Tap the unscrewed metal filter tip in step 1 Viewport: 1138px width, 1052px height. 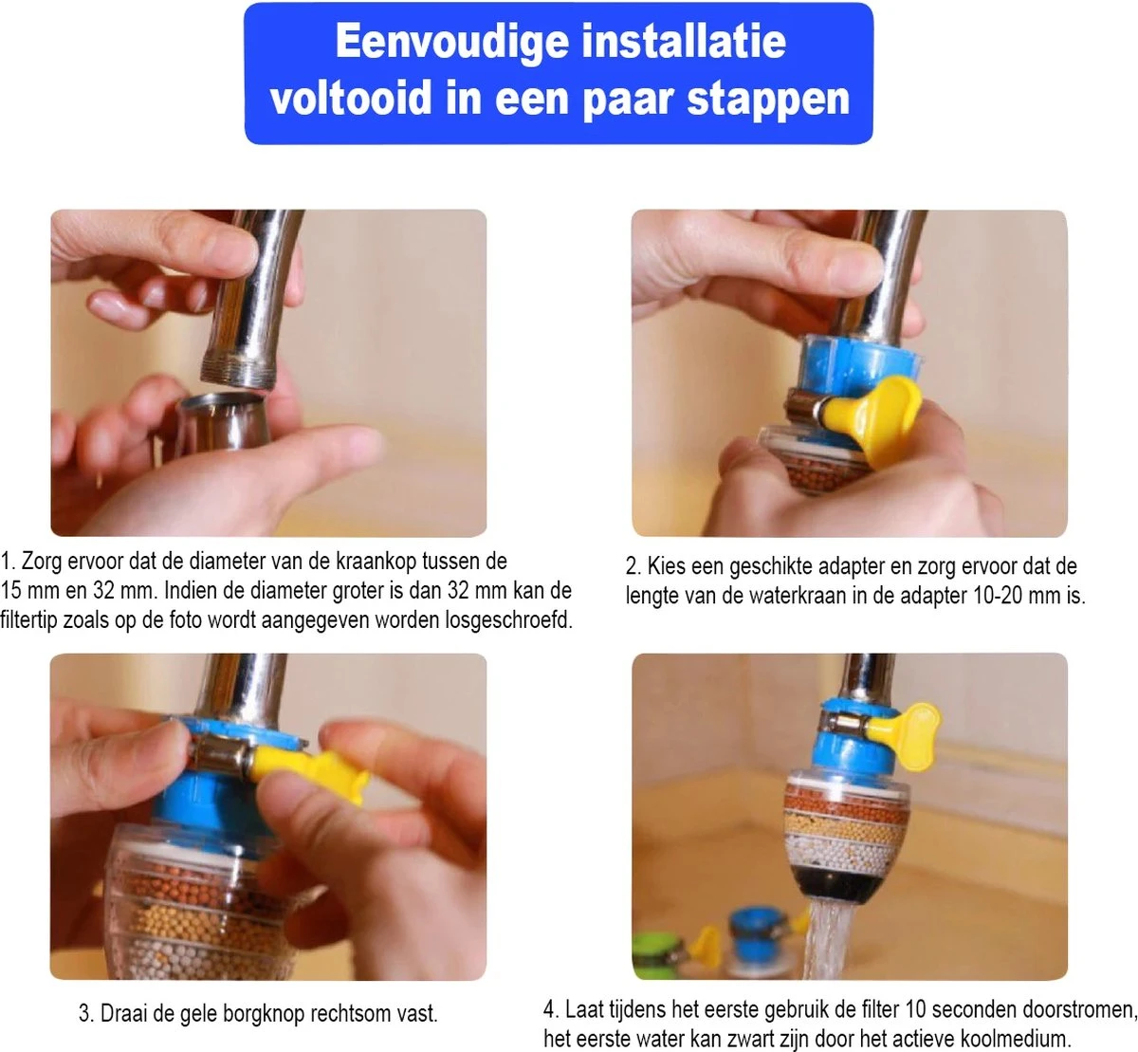pos(223,422)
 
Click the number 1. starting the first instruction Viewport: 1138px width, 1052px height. pos(9,562)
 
